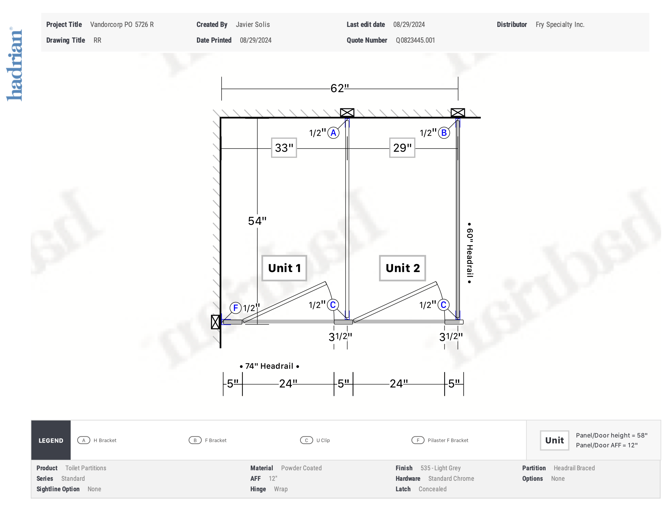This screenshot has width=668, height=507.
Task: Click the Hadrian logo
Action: [14, 64]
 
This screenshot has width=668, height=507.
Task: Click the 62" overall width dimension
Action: [340, 88]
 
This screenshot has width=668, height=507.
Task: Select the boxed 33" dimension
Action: [284, 148]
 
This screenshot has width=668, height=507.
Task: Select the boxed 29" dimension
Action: [402, 148]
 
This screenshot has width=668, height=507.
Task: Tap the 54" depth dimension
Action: [257, 221]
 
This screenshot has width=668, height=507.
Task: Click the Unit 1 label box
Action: [284, 268]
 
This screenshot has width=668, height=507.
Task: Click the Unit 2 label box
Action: [403, 268]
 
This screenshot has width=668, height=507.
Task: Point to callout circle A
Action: [333, 133]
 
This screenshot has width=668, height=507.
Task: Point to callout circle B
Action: [444, 133]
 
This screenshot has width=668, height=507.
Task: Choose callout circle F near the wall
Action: [235, 308]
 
